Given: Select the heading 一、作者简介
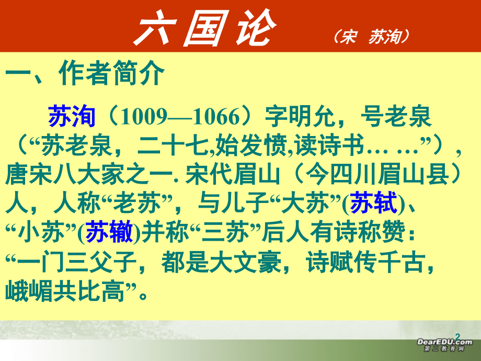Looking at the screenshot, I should [x=85, y=74].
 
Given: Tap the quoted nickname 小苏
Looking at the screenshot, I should [x=48, y=231].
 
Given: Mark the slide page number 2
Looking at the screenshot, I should [x=459, y=335].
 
